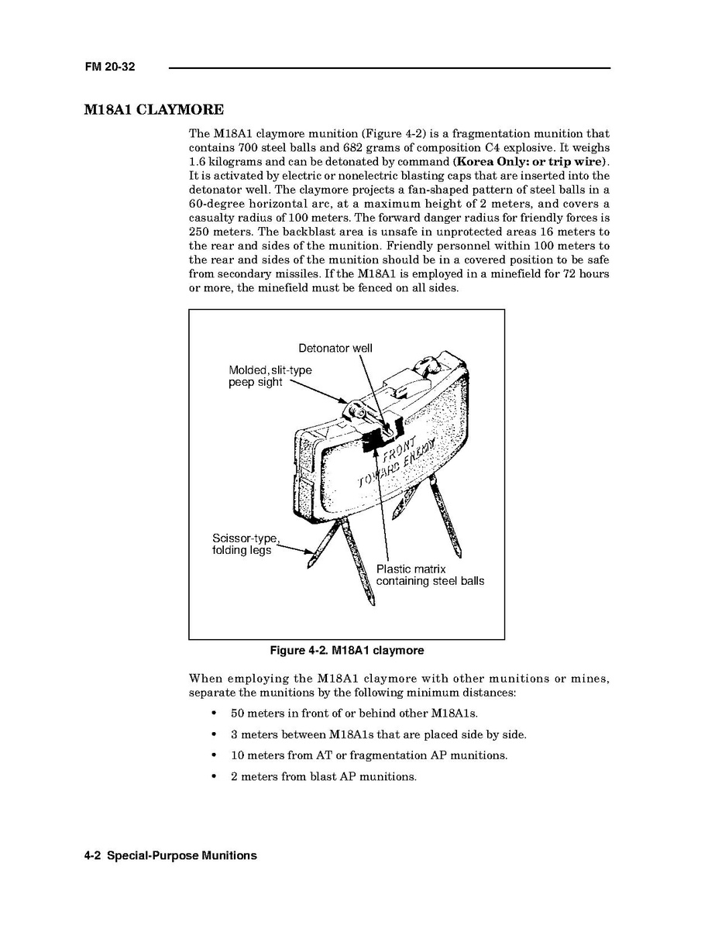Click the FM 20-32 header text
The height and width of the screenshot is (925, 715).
(110, 67)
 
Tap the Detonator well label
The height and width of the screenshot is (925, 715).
(335, 349)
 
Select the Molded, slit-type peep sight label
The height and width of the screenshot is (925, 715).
(270, 377)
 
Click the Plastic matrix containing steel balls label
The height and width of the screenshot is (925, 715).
(430, 575)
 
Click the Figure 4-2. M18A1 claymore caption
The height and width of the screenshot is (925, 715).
(346, 650)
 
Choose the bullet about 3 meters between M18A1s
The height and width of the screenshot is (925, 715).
(378, 734)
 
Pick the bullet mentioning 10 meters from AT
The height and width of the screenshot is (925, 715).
(369, 755)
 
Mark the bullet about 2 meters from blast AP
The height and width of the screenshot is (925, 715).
(323, 776)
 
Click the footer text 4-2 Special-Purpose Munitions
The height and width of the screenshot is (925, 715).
(170, 856)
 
